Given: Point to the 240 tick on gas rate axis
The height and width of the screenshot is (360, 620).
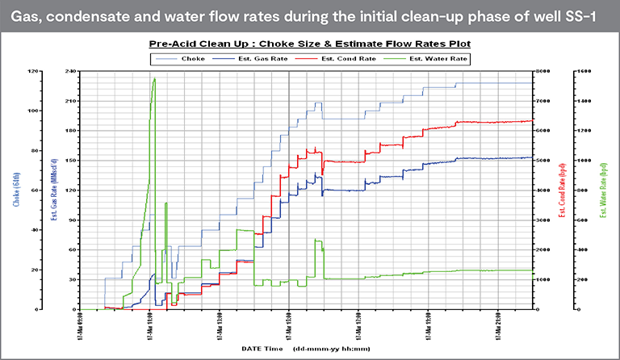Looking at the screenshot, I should click(70, 71).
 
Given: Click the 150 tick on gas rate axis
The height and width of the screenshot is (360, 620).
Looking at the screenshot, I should click(70, 160).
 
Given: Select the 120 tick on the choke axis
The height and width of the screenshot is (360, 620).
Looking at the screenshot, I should click(32, 71).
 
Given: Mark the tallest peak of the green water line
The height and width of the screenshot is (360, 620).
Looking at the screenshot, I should click(154, 79).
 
